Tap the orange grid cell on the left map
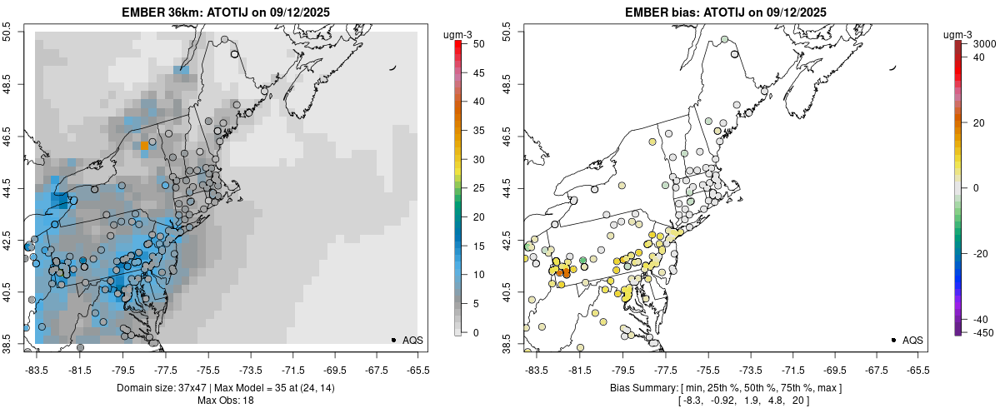pyautogui.click(x=144, y=145)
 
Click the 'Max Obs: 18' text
pyautogui.click(x=225, y=401)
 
